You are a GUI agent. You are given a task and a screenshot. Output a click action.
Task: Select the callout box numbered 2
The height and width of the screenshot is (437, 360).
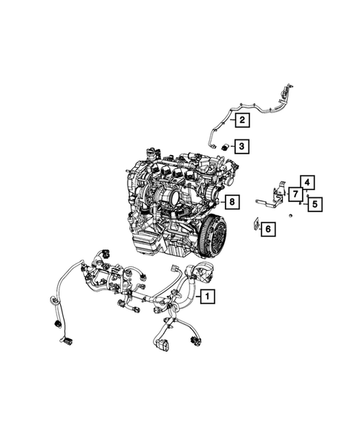click(x=242, y=119)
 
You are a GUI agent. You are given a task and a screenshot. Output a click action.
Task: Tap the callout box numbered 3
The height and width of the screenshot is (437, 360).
click(x=242, y=145)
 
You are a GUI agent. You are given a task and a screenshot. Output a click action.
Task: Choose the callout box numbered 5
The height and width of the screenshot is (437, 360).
click(x=314, y=203)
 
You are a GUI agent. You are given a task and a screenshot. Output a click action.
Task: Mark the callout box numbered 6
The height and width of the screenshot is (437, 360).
click(x=267, y=229)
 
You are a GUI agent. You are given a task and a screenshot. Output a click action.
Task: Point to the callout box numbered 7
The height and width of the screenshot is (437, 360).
click(x=295, y=194)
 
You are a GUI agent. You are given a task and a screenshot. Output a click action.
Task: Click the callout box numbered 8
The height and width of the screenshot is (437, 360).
click(x=232, y=201)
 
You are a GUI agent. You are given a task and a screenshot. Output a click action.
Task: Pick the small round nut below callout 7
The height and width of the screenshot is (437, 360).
click(x=291, y=215)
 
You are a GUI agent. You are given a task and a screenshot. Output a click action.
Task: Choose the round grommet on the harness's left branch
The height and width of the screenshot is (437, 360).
click(x=53, y=300)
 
